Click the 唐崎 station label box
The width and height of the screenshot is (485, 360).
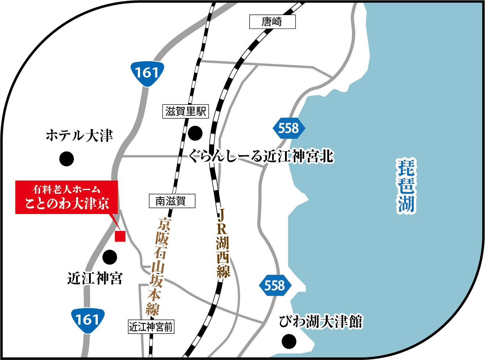[272, 22]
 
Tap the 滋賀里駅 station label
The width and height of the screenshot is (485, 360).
[186, 111]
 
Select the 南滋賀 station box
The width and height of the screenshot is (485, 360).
[172, 201]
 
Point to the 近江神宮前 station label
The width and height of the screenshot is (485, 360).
[151, 327]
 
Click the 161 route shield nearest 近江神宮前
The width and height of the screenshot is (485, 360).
[87, 320]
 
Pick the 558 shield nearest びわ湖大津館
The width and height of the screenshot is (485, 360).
[275, 286]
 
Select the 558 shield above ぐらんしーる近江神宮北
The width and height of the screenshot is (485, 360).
[289, 128]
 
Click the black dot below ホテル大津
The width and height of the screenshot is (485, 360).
[67, 158]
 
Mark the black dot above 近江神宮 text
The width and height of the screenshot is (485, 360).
[110, 257]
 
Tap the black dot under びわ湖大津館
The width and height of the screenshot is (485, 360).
[289, 341]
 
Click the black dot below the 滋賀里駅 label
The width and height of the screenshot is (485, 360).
[195, 133]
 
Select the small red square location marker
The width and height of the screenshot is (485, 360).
[120, 236]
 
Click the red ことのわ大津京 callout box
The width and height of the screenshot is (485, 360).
[67, 197]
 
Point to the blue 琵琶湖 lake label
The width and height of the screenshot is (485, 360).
[406, 185]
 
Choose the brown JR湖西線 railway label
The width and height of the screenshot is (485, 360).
[223, 243]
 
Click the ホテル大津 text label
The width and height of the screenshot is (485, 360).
[79, 136]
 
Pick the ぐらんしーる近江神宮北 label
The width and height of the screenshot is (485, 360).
[261, 156]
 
